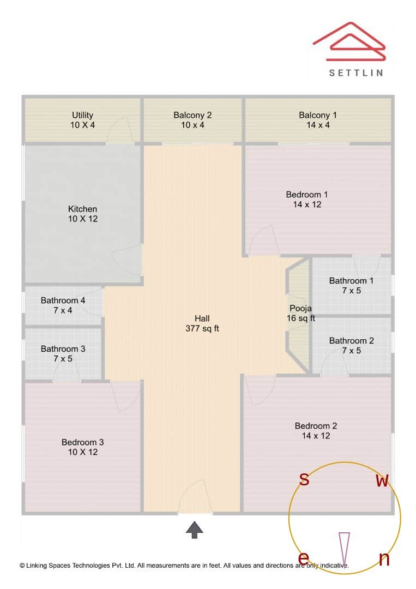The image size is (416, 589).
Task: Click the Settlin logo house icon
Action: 349,42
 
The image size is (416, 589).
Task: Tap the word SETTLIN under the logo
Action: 356,72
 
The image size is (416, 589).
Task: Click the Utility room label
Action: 82,120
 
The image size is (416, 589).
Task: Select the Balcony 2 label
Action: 192,120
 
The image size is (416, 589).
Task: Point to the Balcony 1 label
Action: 318,120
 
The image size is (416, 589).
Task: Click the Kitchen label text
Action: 82,214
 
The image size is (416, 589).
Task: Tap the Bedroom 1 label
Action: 307,199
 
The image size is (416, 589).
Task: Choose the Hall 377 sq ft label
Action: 202,323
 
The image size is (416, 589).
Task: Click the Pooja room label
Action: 300,313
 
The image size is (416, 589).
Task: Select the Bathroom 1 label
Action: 351,286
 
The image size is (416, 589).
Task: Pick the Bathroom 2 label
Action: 351,346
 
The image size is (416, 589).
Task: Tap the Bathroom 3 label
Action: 63,354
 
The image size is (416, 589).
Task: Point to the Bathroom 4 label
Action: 63,305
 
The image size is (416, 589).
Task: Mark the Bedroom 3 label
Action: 82,447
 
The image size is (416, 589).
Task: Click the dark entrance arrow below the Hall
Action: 195,530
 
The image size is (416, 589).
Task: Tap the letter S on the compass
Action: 305,480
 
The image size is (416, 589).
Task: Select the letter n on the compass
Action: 384,559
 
